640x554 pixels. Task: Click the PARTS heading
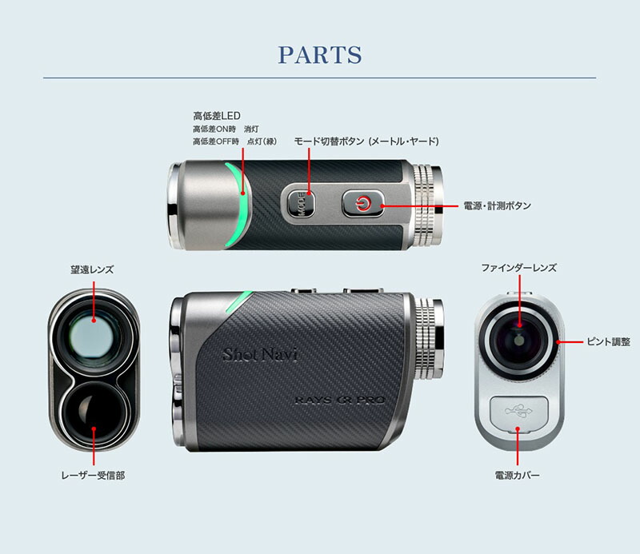[x=320, y=54]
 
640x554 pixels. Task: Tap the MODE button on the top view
[x=302, y=204]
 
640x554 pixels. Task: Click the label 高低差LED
[x=217, y=116]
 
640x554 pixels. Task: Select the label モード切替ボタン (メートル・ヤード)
[x=366, y=141]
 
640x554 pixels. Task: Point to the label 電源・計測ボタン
[x=497, y=205]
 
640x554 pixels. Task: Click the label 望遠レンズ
[x=92, y=269]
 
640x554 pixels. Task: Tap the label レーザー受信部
[x=93, y=476]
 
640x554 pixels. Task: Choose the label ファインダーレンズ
[x=518, y=268]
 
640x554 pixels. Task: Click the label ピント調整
[x=608, y=342]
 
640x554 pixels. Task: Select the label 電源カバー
[x=517, y=476]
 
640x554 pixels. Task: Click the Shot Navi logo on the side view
[x=260, y=354]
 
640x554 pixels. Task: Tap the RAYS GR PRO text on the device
[x=340, y=400]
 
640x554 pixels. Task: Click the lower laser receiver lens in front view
[x=94, y=414]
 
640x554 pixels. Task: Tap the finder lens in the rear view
[x=518, y=341]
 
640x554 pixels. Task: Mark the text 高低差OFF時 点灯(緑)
[x=234, y=141]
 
